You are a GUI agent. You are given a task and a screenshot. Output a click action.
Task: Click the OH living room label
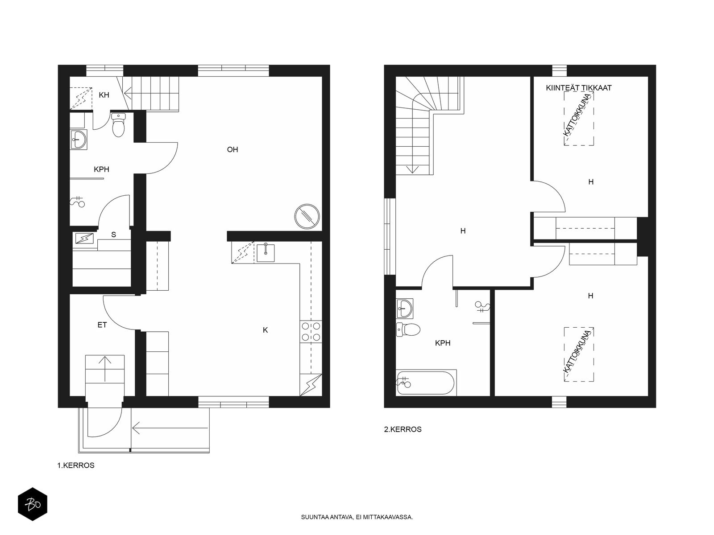pyautogui.click(x=232, y=149)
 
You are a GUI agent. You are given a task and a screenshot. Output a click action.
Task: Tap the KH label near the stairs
pyautogui.click(x=104, y=95)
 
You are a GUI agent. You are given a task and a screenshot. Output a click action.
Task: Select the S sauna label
pyautogui.click(x=113, y=235)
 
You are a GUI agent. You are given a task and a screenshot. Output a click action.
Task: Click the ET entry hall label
pyautogui.click(x=102, y=325)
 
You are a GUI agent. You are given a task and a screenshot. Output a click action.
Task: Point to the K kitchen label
pyautogui.click(x=266, y=330)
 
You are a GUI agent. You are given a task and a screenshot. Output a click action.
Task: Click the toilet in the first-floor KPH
pyautogui.click(x=118, y=125)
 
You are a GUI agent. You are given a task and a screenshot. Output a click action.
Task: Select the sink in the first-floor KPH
pyautogui.click(x=79, y=140)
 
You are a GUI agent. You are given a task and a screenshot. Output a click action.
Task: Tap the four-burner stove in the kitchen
pyautogui.click(x=311, y=331)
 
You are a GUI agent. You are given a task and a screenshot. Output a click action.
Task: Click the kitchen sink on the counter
pyautogui.click(x=266, y=253)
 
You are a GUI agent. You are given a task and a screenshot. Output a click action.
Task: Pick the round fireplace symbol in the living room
pyautogui.click(x=307, y=216)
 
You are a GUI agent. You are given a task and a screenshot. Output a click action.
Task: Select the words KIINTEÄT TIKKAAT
pyautogui.click(x=579, y=88)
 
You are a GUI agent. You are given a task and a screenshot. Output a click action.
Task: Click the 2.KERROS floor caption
pyautogui.click(x=403, y=429)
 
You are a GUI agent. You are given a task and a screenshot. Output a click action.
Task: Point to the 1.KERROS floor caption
pyautogui.click(x=76, y=465)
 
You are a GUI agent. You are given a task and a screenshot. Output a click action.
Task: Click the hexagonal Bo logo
pyautogui.click(x=33, y=504)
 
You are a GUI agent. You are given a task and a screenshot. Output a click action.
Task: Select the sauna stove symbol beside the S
pyautogui.click(x=85, y=239)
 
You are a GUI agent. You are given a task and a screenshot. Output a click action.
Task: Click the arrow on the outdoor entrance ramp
pyautogui.click(x=170, y=428)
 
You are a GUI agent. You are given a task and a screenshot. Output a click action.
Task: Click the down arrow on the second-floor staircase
pyautogui.click(x=412, y=169)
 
